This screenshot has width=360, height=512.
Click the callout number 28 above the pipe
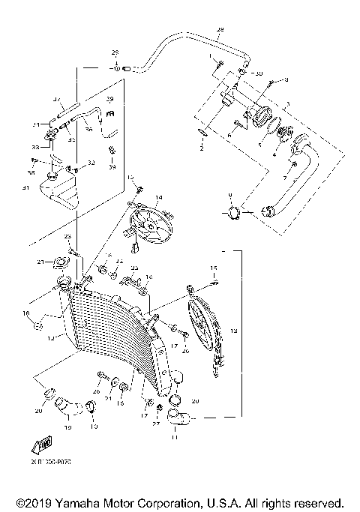click(220, 30)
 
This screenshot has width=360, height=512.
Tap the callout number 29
click(115, 52)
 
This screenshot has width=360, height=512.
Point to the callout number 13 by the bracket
click(234, 330)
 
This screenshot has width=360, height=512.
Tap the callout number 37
click(56, 99)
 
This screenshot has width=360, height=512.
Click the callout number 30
click(259, 74)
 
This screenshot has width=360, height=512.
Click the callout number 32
click(91, 163)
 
